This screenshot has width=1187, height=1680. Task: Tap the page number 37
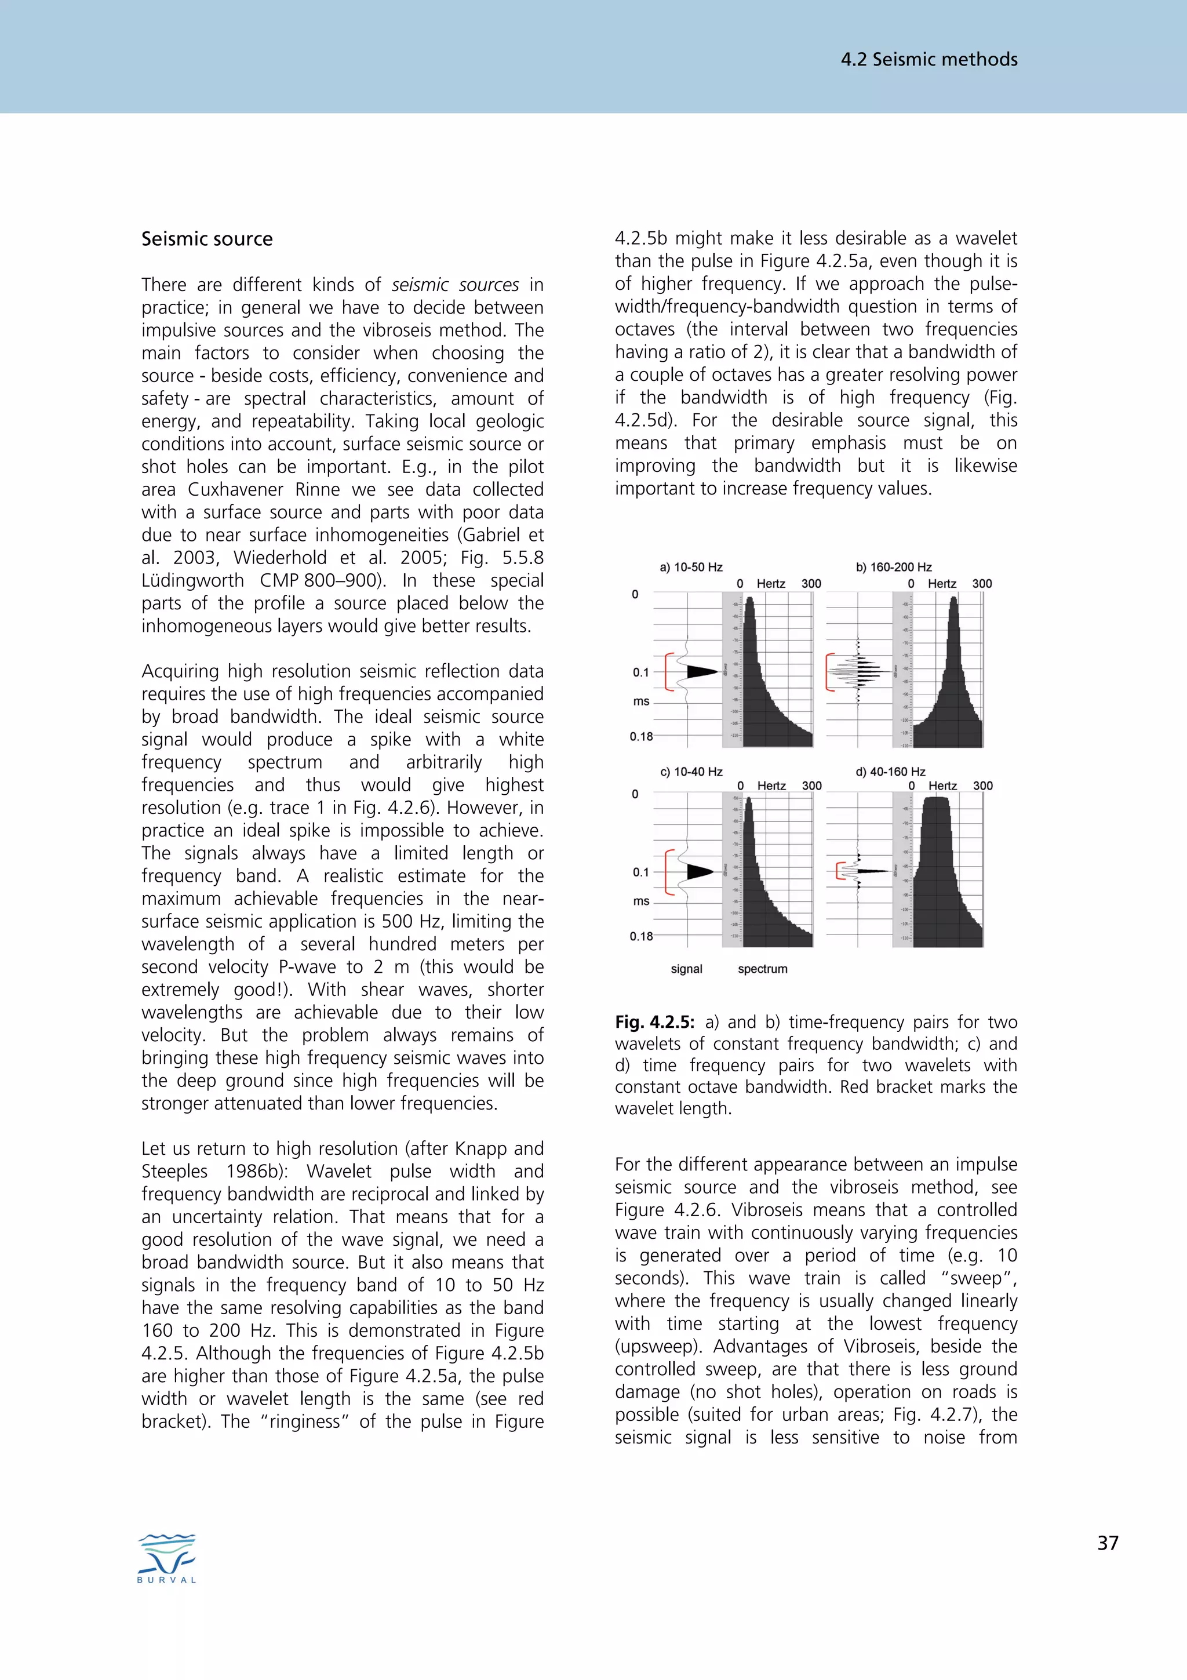click(1107, 1543)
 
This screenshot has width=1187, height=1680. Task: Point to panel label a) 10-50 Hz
click(690, 567)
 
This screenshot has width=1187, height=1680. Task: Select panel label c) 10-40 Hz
click(690, 771)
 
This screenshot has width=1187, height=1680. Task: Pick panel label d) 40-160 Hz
click(890, 771)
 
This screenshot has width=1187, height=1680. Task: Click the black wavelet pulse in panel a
click(701, 671)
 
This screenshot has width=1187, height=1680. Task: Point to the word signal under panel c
click(686, 969)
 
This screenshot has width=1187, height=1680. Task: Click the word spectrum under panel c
click(762, 969)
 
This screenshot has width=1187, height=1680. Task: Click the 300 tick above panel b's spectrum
click(981, 583)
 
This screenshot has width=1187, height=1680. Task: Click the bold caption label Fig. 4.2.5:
click(654, 1022)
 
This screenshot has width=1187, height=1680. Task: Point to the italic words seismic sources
click(455, 285)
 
